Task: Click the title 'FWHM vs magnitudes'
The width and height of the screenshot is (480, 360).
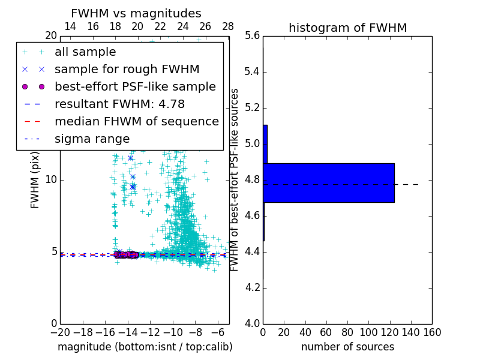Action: [136, 13]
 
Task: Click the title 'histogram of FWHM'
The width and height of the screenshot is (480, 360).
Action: [347, 28]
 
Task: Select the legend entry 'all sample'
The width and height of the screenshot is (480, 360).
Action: [85, 52]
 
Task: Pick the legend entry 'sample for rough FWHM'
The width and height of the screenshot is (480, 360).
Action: [127, 69]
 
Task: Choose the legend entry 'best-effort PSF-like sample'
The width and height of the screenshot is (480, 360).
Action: [135, 86]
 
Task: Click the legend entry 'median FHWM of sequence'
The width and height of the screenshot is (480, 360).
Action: [137, 121]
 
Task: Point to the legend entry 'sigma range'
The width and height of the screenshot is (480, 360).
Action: [92, 139]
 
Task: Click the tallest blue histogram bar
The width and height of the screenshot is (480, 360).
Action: [329, 182]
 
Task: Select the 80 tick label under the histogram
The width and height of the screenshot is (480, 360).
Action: [347, 332]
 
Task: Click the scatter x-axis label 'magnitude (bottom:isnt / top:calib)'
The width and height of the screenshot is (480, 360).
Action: [145, 347]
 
